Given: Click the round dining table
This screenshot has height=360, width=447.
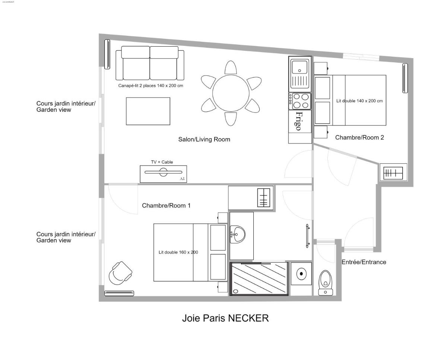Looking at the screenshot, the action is point(231,93).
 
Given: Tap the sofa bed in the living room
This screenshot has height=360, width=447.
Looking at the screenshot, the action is point(150,63).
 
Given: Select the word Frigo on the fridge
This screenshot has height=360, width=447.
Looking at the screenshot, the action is point(298,121).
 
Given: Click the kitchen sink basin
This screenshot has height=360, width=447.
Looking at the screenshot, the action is point(299,67).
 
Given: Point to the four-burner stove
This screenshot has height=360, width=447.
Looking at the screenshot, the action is point(300,101).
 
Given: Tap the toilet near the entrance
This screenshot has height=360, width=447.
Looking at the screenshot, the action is point(326,282).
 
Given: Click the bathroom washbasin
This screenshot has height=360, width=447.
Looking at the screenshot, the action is point(237,235).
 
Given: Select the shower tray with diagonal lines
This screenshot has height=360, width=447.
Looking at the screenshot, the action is point(259,279).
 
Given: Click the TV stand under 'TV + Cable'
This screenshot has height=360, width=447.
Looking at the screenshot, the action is point(163,174).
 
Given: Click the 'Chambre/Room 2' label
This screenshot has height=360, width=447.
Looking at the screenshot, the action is point(359,138).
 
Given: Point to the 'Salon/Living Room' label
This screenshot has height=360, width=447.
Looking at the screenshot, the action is point(204,139).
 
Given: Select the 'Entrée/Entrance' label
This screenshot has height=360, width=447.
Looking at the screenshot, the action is point(364,262).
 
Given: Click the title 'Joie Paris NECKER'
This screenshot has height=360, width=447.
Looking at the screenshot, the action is point(225,318).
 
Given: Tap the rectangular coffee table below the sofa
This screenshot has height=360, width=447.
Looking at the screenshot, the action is point(148,111).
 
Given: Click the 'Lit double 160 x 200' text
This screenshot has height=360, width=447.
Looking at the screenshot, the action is point(178,252).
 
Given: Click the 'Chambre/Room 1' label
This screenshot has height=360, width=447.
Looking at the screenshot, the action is point(166,206).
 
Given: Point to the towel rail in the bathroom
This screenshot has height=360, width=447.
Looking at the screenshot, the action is point(308,236).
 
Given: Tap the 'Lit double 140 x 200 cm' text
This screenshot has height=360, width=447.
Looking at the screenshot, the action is point(359,101).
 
